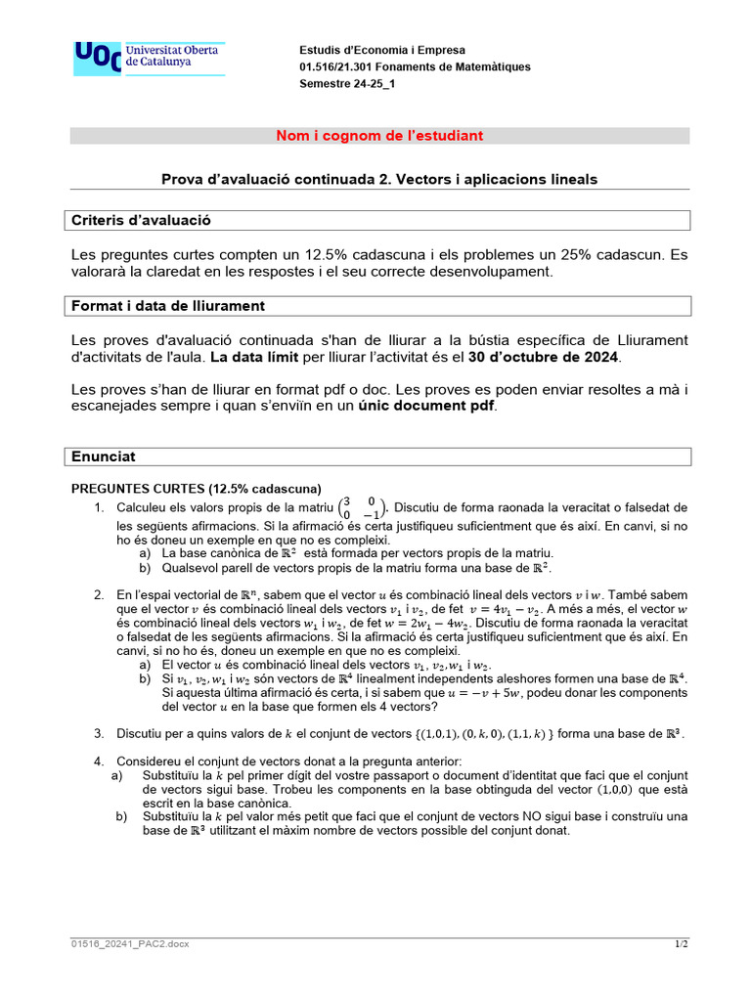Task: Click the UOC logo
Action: point(149,59)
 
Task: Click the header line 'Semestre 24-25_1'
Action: point(347,83)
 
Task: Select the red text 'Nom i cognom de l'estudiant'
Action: point(379,136)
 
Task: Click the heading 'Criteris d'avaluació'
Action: point(142,221)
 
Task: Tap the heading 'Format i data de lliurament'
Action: point(168,306)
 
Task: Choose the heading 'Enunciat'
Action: point(104,457)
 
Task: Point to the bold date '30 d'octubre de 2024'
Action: point(550,358)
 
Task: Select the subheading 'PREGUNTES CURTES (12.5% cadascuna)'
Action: point(197,489)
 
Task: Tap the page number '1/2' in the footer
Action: point(682,943)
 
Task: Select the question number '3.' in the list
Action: point(100,733)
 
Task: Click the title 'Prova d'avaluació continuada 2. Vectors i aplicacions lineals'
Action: point(379,179)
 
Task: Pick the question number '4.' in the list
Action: point(100,761)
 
